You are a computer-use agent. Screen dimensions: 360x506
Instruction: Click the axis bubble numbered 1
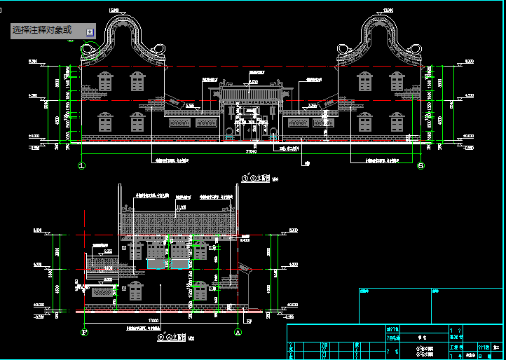[81, 166]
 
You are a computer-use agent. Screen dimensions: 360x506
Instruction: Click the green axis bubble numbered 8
[420, 166]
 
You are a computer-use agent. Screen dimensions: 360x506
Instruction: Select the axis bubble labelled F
[84, 333]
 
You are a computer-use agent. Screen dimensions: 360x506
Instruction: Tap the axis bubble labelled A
[238, 333]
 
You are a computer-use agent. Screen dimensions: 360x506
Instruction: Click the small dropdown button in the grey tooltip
[89, 32]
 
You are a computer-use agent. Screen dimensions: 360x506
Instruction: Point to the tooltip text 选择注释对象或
[42, 31]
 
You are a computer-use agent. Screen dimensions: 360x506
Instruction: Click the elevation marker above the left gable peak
[114, 10]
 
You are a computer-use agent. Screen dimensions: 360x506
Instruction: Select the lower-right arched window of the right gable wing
[397, 123]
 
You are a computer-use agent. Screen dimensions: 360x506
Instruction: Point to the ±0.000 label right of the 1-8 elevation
[468, 136]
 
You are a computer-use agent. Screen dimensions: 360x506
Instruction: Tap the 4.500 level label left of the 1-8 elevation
[32, 95]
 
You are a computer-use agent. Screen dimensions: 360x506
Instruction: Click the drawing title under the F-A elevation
[171, 337]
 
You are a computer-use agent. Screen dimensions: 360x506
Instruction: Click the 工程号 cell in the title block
[457, 346]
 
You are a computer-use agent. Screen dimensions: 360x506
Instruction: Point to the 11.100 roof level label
[182, 207]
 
